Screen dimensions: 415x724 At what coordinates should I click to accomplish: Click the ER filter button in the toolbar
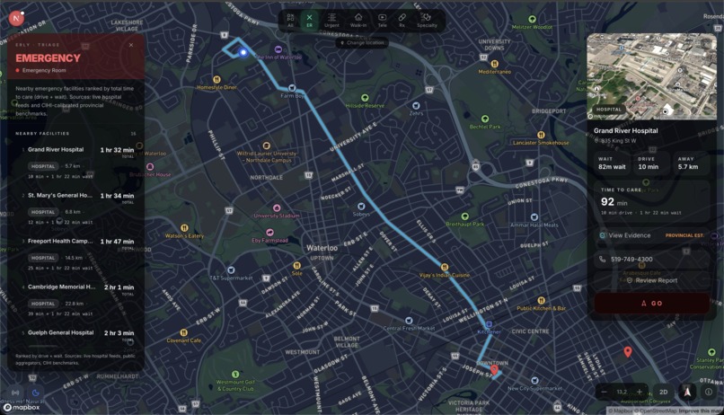[310, 20]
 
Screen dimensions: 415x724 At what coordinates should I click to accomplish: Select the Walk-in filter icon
[358, 20]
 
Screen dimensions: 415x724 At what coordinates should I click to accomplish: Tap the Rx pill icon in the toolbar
[402, 20]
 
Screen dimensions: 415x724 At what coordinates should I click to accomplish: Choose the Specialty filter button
[427, 20]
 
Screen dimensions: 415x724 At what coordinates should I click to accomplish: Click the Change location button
[362, 42]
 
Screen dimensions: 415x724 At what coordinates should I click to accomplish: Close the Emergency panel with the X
[130, 45]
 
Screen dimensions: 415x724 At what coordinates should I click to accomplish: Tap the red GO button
[652, 304]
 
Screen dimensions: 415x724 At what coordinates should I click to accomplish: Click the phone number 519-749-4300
[631, 260]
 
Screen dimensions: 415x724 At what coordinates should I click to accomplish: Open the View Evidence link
[629, 235]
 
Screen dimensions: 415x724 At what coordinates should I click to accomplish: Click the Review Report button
[655, 280]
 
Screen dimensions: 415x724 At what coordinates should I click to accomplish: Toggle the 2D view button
[664, 392]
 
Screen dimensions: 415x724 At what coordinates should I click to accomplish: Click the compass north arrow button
[687, 392]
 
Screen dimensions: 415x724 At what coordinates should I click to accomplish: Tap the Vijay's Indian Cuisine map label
[444, 274]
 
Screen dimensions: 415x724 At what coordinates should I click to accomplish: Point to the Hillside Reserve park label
[365, 105]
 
